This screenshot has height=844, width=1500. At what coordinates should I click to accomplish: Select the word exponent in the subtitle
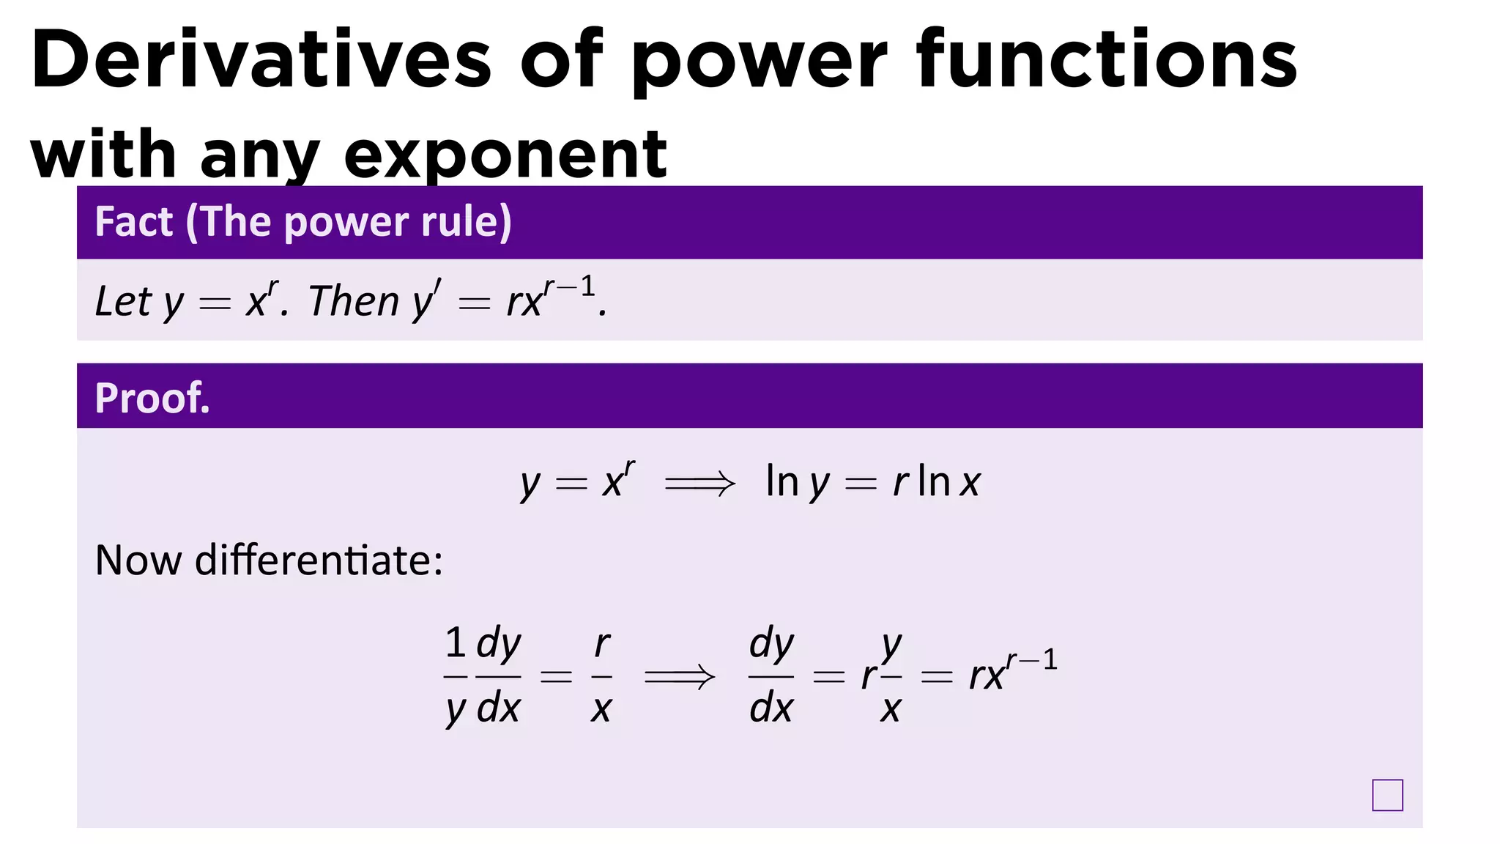[505, 155]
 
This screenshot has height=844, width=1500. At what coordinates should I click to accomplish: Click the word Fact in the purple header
[134, 222]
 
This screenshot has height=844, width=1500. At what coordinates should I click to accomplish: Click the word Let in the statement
[123, 301]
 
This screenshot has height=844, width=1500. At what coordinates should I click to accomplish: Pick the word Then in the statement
[354, 301]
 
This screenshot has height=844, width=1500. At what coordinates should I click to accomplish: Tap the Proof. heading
[152, 399]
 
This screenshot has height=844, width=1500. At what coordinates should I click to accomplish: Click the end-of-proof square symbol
[1387, 795]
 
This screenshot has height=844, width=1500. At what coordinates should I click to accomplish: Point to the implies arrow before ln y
[699, 484]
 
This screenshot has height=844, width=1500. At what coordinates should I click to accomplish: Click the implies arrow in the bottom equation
[679, 676]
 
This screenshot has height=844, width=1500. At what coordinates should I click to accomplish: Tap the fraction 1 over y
[456, 676]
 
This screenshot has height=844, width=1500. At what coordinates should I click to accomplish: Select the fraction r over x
[601, 676]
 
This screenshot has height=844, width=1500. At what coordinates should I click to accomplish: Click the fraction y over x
[891, 676]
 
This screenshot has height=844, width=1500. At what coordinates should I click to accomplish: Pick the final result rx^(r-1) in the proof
[1013, 673]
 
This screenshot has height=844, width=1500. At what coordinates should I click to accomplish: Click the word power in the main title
[758, 60]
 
